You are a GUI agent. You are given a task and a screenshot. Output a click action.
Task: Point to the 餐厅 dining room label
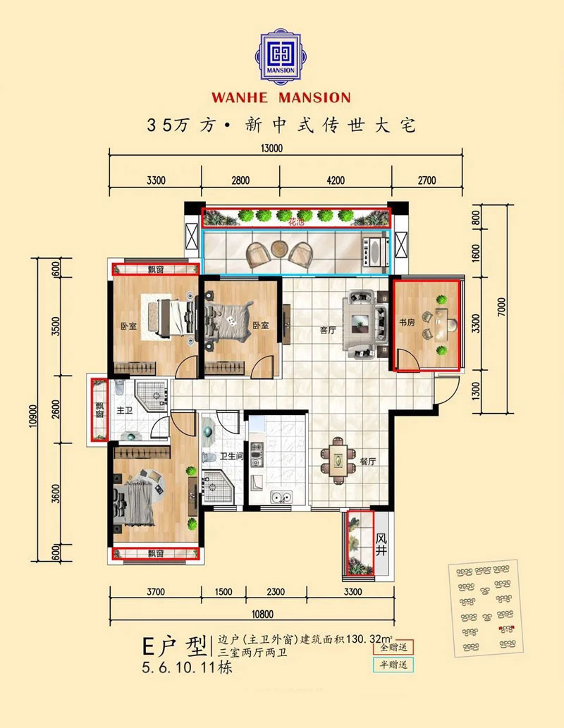[x=367, y=462]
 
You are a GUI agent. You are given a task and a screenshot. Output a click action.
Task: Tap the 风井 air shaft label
[x=381, y=543]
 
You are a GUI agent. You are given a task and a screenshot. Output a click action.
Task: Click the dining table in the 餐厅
[x=338, y=461]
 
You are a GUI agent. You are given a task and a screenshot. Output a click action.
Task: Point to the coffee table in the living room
[x=364, y=323]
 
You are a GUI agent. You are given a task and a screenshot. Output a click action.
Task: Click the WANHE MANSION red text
[x=281, y=97]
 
